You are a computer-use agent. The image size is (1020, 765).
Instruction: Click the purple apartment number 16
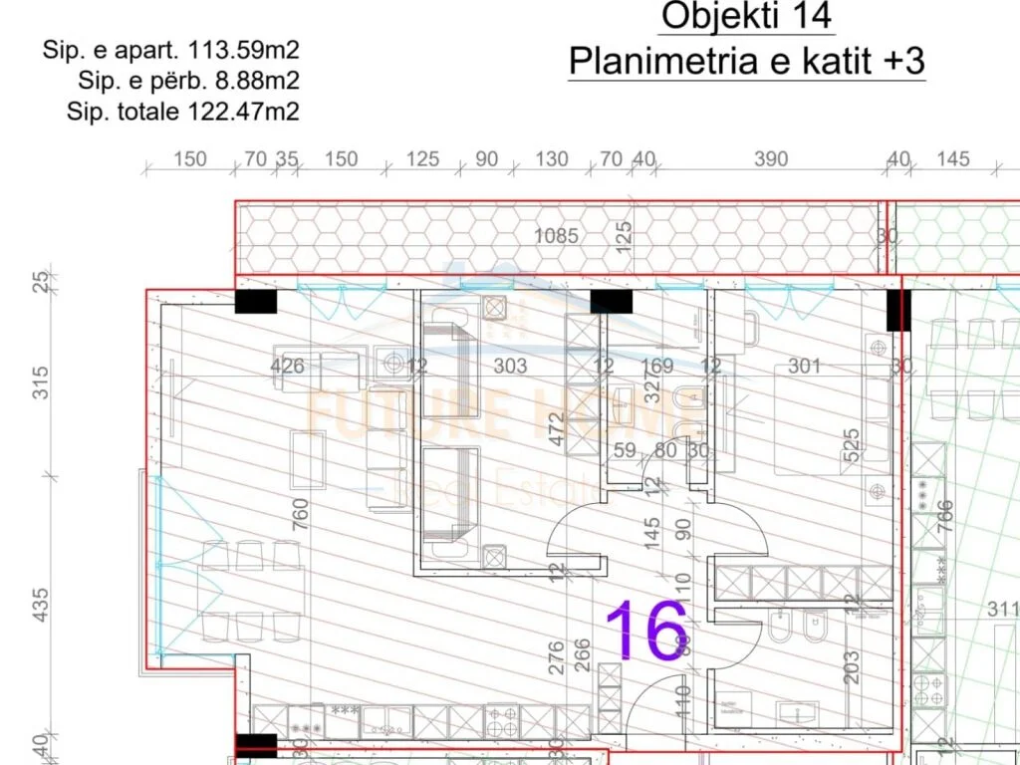(x=646, y=631)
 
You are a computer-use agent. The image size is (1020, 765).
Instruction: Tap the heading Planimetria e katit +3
(x=747, y=62)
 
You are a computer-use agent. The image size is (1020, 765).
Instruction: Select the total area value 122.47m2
(x=244, y=112)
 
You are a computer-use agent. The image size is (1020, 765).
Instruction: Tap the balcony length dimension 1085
(x=557, y=236)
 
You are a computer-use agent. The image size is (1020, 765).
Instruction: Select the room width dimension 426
(x=288, y=367)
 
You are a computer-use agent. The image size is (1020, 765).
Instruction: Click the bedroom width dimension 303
(x=510, y=367)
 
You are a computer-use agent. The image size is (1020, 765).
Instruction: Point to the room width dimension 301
(x=805, y=367)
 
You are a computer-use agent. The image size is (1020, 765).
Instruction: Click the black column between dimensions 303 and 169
(x=612, y=301)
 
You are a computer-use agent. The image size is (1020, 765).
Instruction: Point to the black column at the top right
(x=898, y=310)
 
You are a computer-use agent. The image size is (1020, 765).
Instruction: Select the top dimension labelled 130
(x=552, y=158)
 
